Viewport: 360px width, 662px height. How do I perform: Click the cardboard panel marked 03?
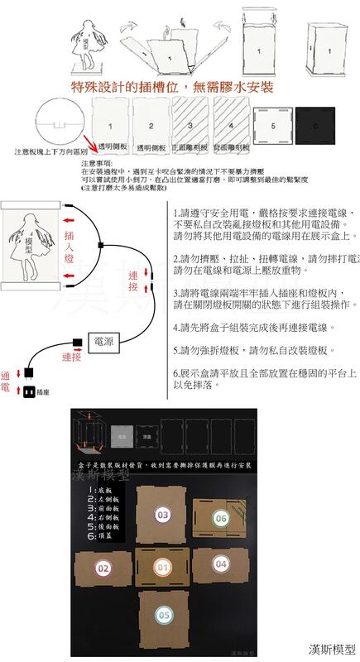coord(163,514)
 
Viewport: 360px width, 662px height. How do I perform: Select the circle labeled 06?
coord(220,518)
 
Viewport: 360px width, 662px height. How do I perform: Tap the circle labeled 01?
coord(163,568)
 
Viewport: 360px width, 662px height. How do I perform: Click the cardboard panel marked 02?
coord(103,568)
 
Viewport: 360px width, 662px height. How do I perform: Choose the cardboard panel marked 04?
coord(221,564)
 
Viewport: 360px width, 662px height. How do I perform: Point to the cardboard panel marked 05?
coord(163,615)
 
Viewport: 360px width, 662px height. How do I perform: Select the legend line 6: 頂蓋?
coord(105,536)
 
